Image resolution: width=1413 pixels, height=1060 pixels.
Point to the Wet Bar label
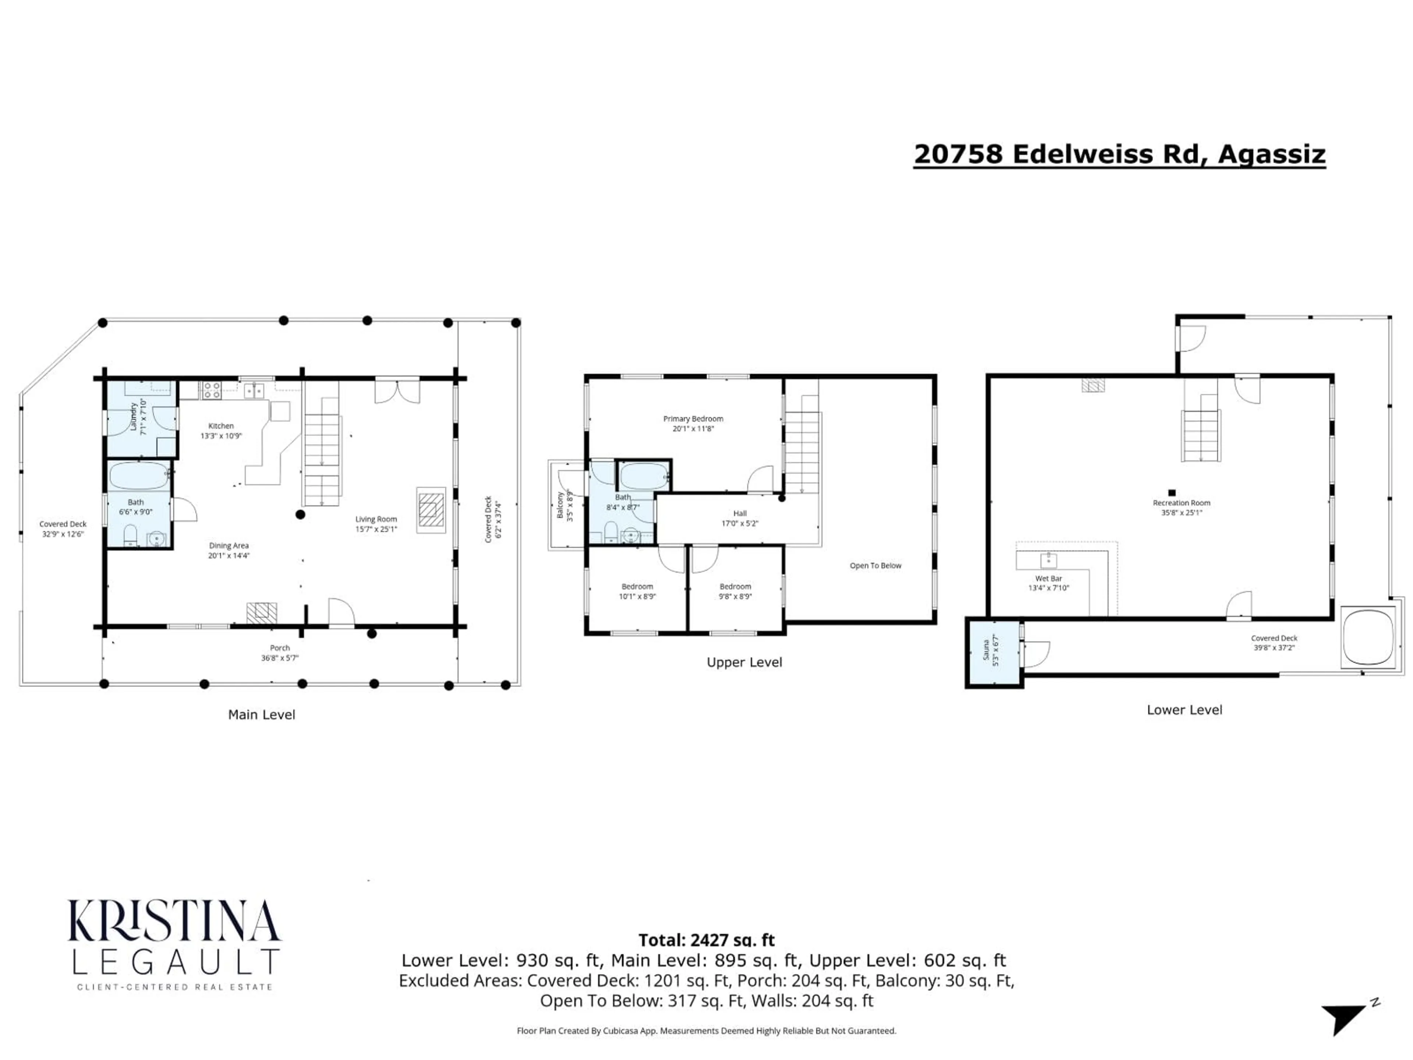(1048, 578)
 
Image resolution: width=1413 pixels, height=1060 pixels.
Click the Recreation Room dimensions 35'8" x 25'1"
(1181, 512)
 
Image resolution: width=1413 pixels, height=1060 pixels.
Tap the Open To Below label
(875, 565)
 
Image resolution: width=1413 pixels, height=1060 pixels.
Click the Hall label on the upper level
(740, 513)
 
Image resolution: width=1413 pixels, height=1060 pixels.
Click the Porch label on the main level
(280, 648)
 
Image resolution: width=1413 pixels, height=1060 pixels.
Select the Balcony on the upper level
(565, 505)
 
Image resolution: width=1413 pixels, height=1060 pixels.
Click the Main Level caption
(261, 714)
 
